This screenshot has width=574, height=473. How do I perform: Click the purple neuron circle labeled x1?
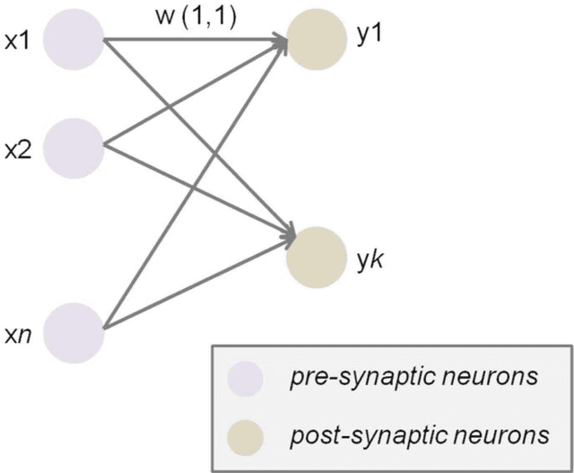74,41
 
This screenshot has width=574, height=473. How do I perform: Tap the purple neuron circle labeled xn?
74,331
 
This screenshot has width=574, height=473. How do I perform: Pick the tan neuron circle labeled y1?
317,41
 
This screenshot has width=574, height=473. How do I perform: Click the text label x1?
17,41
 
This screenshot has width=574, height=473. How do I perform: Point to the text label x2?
17,152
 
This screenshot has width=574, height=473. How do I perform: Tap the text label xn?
17,336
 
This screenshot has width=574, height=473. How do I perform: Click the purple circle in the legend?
244,378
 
